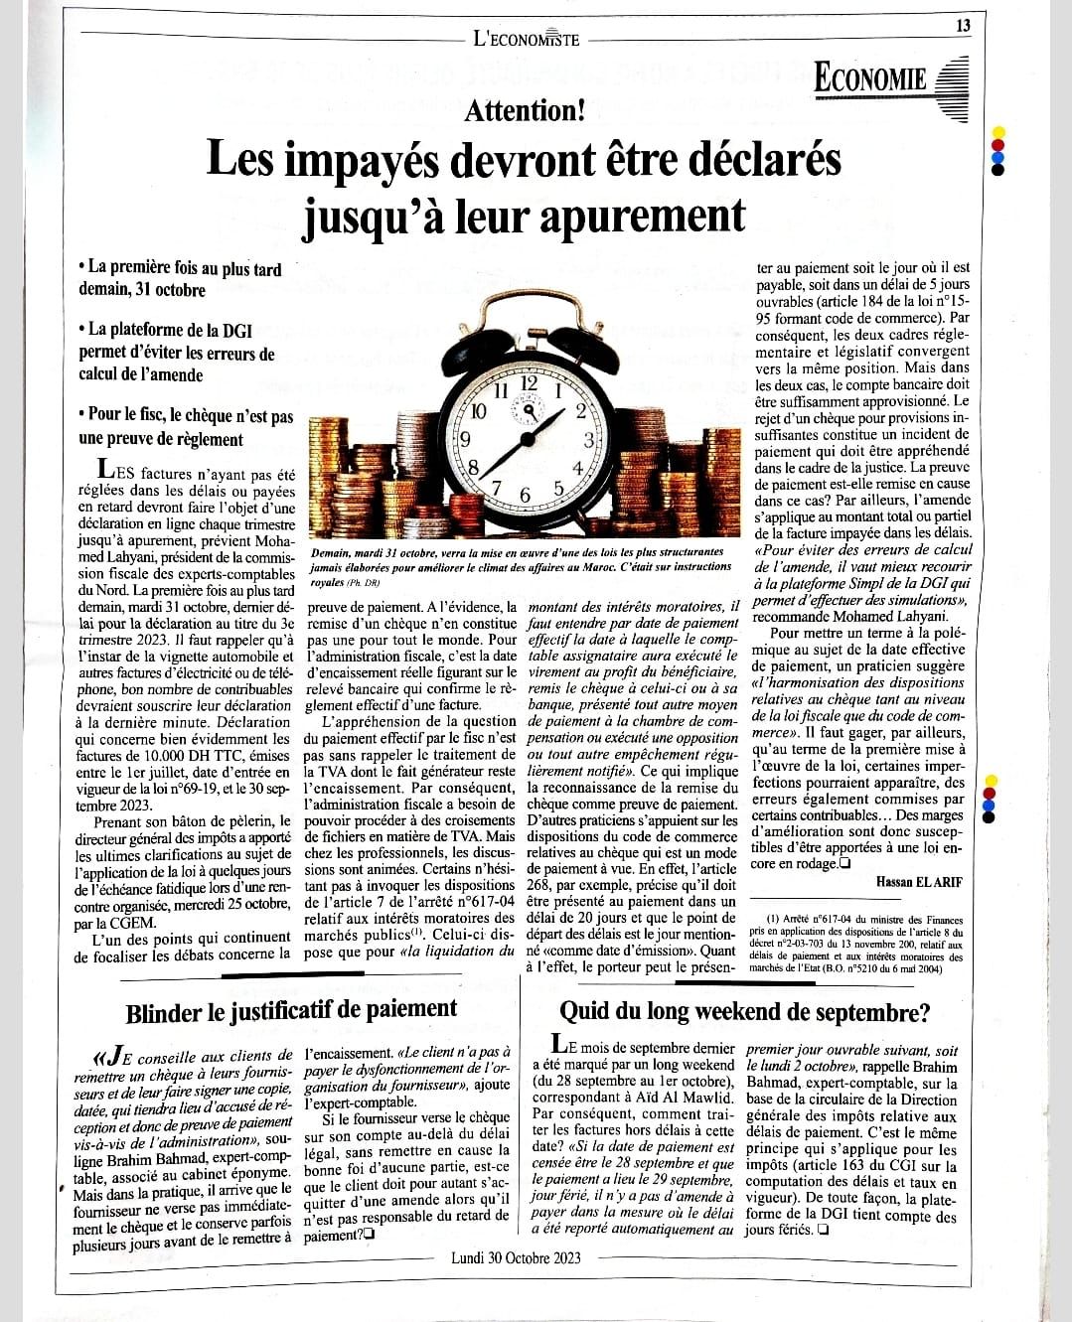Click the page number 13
[963, 26]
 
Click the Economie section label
[870, 78]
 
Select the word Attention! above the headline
[525, 109]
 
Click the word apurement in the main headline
[642, 214]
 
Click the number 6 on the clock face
[527, 495]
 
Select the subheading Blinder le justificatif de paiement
[291, 1009]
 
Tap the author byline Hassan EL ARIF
[920, 881]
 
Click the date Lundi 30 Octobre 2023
[516, 1257]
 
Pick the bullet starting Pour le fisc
[186, 427]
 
